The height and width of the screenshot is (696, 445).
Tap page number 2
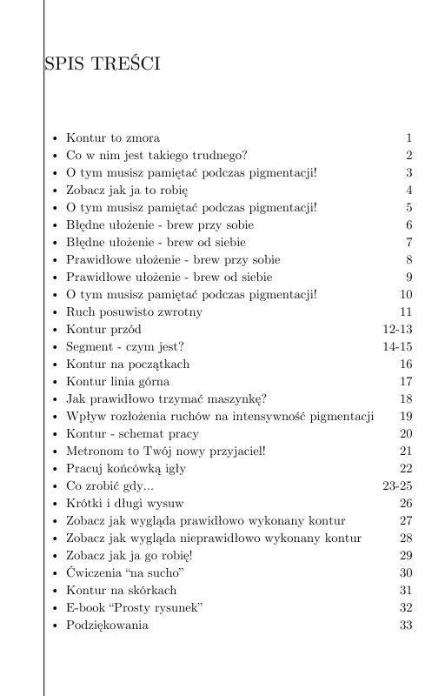(x=408, y=156)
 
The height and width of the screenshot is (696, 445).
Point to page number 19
(x=405, y=417)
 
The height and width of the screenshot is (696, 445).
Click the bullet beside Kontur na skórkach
(x=56, y=591)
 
